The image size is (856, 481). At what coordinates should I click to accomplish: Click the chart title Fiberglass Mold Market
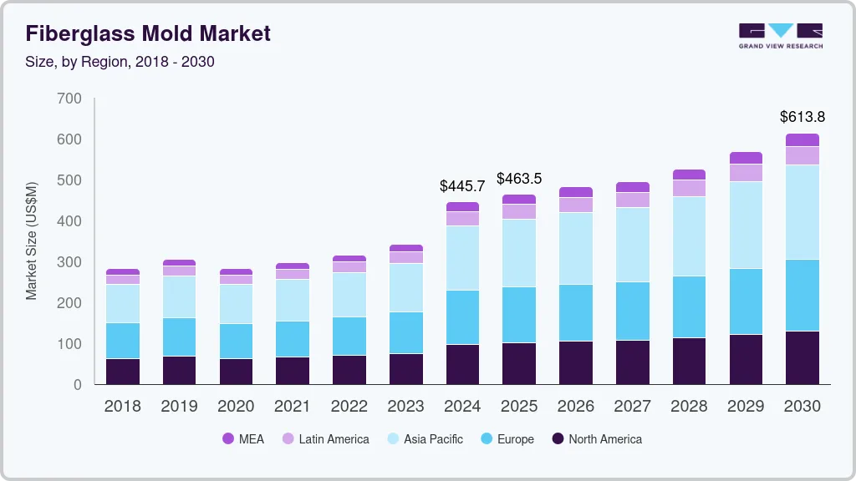pos(148,33)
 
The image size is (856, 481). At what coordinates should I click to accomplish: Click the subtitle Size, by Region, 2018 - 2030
pos(120,62)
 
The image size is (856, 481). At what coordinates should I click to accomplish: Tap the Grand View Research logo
pos(780,35)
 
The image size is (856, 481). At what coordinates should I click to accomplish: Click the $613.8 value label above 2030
pos(802,117)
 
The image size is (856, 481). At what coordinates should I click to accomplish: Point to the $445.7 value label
pos(462,186)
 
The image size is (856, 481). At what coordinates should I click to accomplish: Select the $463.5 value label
pos(519,179)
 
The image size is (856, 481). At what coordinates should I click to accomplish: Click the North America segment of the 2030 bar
pos(802,357)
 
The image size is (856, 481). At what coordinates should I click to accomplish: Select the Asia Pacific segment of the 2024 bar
pos(462,258)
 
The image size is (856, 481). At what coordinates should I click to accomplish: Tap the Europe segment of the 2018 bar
pos(123,341)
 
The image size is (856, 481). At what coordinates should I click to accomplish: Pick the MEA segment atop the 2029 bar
pos(745,158)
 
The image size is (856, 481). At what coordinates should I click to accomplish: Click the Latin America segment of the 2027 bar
pos(633,200)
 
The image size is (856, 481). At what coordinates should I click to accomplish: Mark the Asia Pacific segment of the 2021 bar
pos(293,300)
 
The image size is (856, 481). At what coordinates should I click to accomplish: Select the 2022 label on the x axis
pos(349,407)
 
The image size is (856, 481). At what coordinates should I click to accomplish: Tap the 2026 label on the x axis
pos(576,407)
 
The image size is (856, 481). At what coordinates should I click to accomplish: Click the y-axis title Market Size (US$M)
pos(32,240)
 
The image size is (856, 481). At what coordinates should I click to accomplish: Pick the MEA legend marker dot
pos(228,439)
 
